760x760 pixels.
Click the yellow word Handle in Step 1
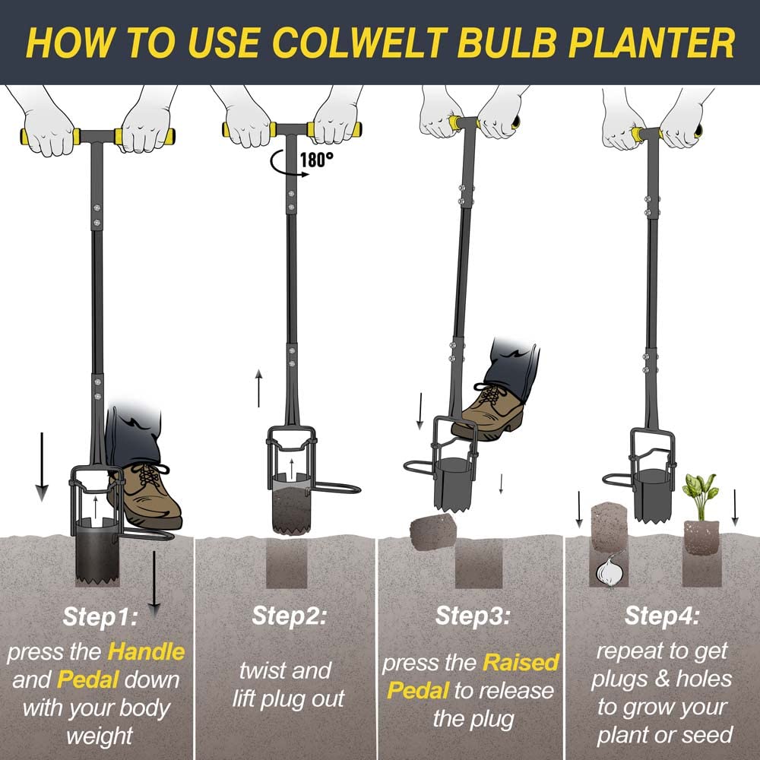pyautogui.click(x=146, y=651)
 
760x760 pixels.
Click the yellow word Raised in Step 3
pyautogui.click(x=516, y=663)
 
